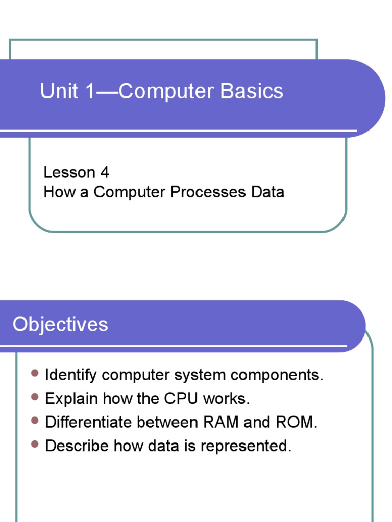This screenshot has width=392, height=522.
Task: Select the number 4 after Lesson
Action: [x=105, y=172]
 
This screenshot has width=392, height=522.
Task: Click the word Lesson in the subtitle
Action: [x=69, y=172]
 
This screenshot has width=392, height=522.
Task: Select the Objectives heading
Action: [x=60, y=324]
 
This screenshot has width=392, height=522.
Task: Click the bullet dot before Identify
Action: [x=35, y=374]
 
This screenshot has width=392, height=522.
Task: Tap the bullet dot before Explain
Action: [x=35, y=397]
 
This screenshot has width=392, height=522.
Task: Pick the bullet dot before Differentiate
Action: [x=35, y=421]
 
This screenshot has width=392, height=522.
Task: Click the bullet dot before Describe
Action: [x=35, y=445]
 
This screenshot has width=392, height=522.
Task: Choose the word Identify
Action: [x=71, y=376]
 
